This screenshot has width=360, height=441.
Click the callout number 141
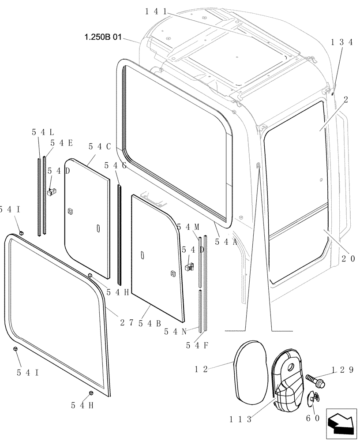click(155, 12)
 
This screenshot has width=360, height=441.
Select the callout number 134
click(342, 42)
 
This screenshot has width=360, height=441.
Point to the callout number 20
click(348, 259)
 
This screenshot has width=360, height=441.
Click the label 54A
click(226, 241)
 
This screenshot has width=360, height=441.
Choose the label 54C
click(99, 147)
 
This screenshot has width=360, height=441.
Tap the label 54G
click(115, 165)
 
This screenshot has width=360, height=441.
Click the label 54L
click(43, 131)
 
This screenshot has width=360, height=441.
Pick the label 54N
click(175, 331)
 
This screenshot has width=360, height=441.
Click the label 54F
click(197, 345)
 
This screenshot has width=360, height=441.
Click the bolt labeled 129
click(314, 381)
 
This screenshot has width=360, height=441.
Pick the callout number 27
click(126, 322)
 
